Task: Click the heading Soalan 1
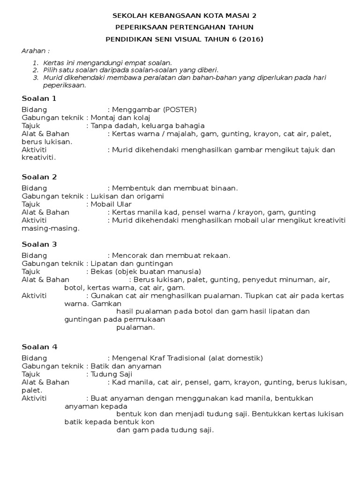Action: tap(39, 98)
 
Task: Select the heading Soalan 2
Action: tap(39, 177)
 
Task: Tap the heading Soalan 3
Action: tap(39, 244)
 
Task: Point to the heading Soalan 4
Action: tap(39, 347)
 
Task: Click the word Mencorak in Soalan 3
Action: tap(128, 255)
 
